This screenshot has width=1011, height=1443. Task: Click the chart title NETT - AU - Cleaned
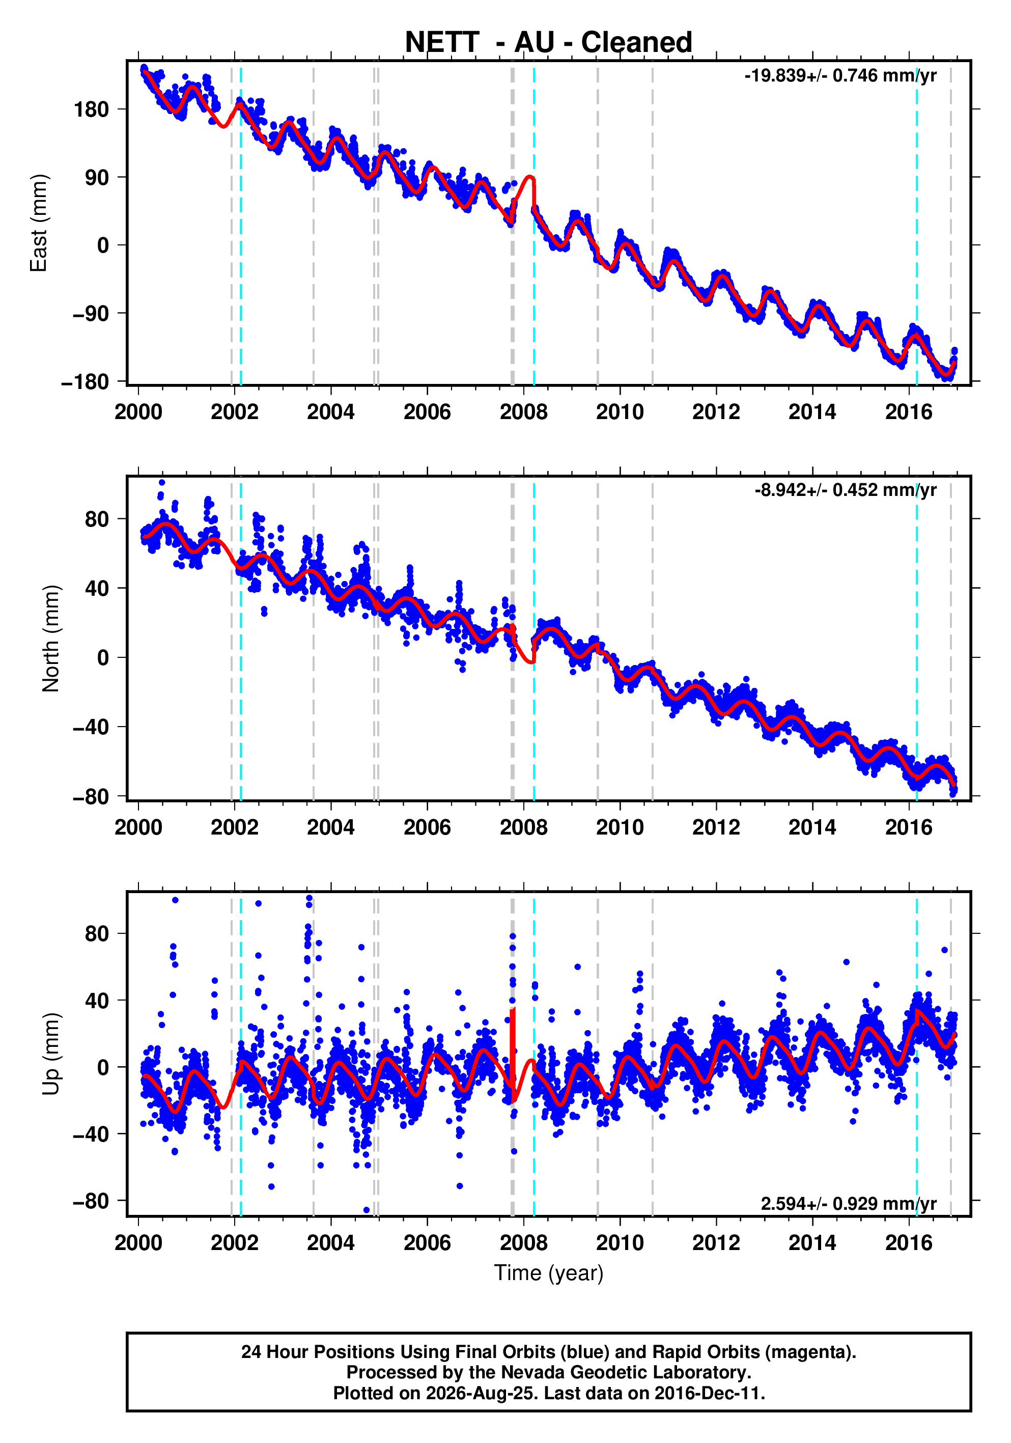(549, 42)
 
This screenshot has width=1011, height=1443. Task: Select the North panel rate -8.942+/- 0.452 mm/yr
(845, 490)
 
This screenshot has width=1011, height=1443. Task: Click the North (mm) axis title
(50, 639)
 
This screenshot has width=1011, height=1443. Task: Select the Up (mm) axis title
(50, 1054)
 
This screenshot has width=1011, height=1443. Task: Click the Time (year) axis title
(549, 1272)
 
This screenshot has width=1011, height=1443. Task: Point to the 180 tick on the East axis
(91, 109)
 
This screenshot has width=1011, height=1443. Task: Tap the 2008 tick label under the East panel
(523, 412)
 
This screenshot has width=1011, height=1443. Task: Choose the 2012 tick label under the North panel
(716, 828)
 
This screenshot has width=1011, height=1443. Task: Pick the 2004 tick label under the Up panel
(330, 1242)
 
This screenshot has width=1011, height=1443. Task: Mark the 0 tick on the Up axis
(103, 1067)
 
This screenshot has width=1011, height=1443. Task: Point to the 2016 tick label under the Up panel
(909, 1242)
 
